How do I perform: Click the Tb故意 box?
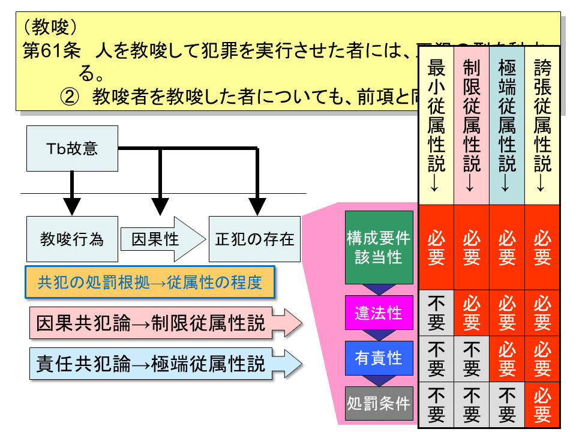coord(72,148)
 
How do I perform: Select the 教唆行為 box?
coord(72,239)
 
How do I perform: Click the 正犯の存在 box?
coord(254,239)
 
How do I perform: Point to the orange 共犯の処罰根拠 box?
coord(150,282)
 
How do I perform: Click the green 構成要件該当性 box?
coord(379,247)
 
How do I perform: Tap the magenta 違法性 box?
coord(379,313)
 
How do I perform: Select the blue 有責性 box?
coord(379,358)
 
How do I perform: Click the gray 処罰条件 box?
coord(379,403)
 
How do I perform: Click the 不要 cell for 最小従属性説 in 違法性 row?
coord(436,313)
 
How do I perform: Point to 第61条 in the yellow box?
coord(51,50)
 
